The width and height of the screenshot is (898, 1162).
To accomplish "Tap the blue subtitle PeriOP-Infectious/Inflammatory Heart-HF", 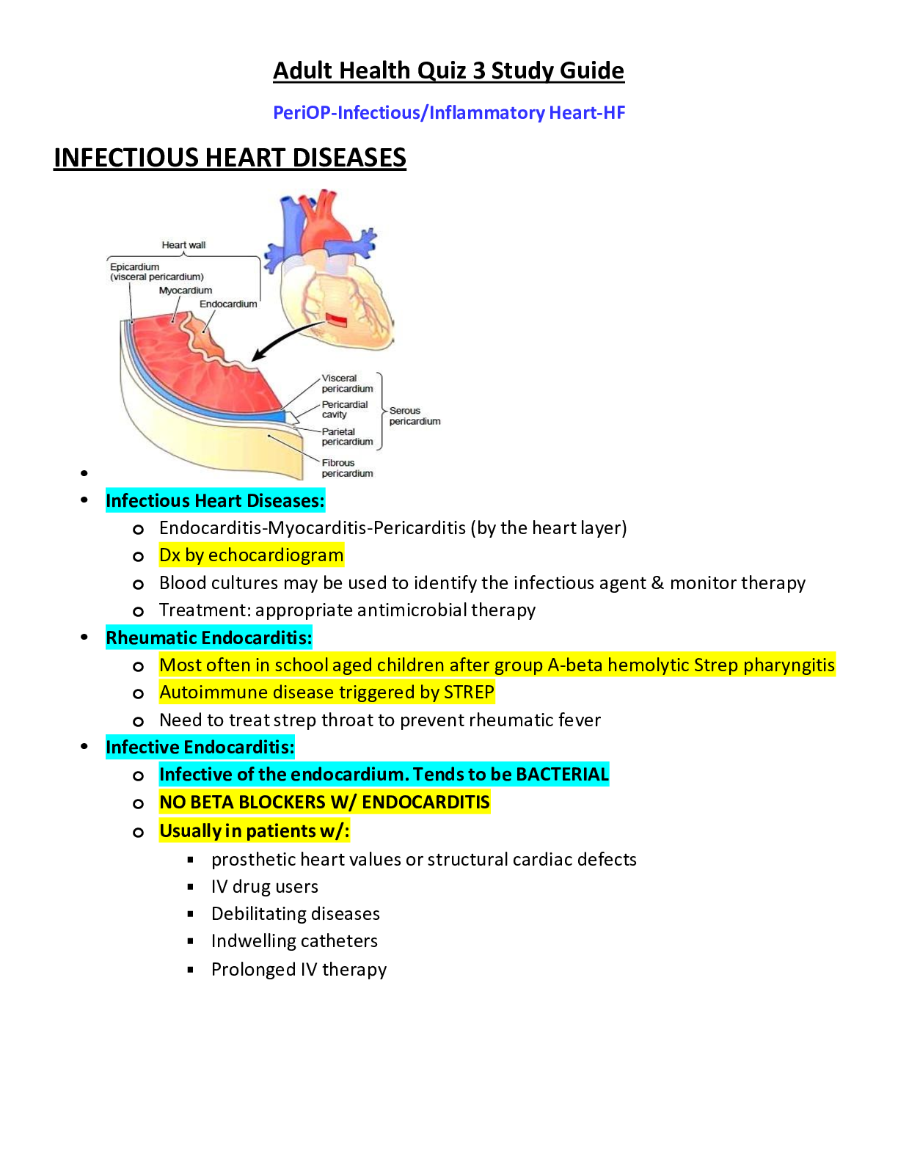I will [x=449, y=113].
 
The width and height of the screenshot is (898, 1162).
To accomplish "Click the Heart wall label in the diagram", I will [x=183, y=245].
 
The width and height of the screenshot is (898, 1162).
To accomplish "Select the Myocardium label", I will [x=186, y=290].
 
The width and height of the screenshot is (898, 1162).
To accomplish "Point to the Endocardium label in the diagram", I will [x=228, y=304].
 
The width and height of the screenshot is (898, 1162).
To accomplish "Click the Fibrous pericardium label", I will [x=346, y=468].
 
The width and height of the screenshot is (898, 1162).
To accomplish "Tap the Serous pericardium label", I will [x=415, y=416].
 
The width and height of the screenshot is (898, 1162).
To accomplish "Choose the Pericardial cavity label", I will [x=345, y=409].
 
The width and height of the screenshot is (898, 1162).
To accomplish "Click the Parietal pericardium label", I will [x=346, y=436].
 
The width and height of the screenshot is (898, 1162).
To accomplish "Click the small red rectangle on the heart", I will [x=337, y=320].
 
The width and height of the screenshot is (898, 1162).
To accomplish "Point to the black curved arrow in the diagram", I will [x=286, y=339].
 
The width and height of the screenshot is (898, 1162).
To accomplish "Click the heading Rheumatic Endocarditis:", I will [x=209, y=638].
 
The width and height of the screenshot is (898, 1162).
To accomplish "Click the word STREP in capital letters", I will [x=469, y=693].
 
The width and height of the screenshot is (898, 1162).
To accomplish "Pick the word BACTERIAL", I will [x=562, y=775].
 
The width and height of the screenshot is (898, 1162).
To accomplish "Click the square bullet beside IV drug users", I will [x=191, y=887].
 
